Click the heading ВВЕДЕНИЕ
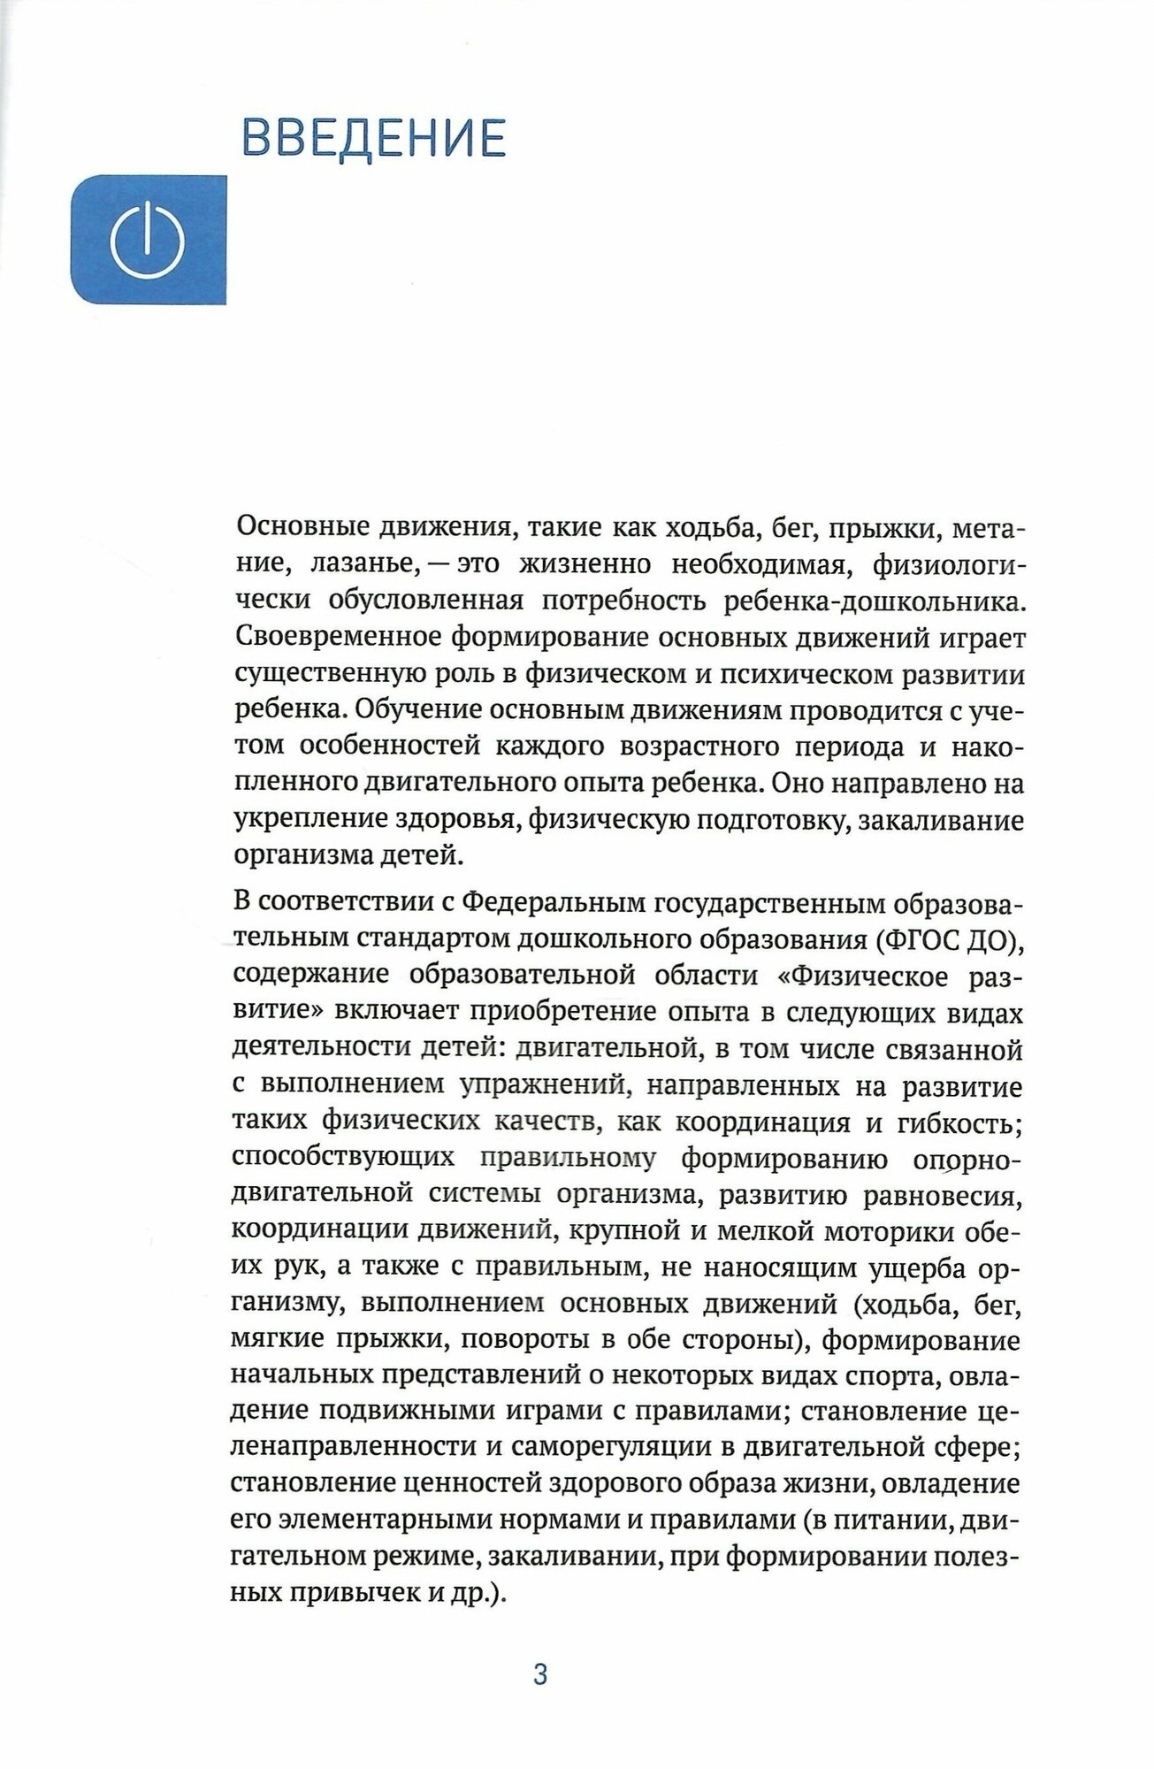(373, 136)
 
